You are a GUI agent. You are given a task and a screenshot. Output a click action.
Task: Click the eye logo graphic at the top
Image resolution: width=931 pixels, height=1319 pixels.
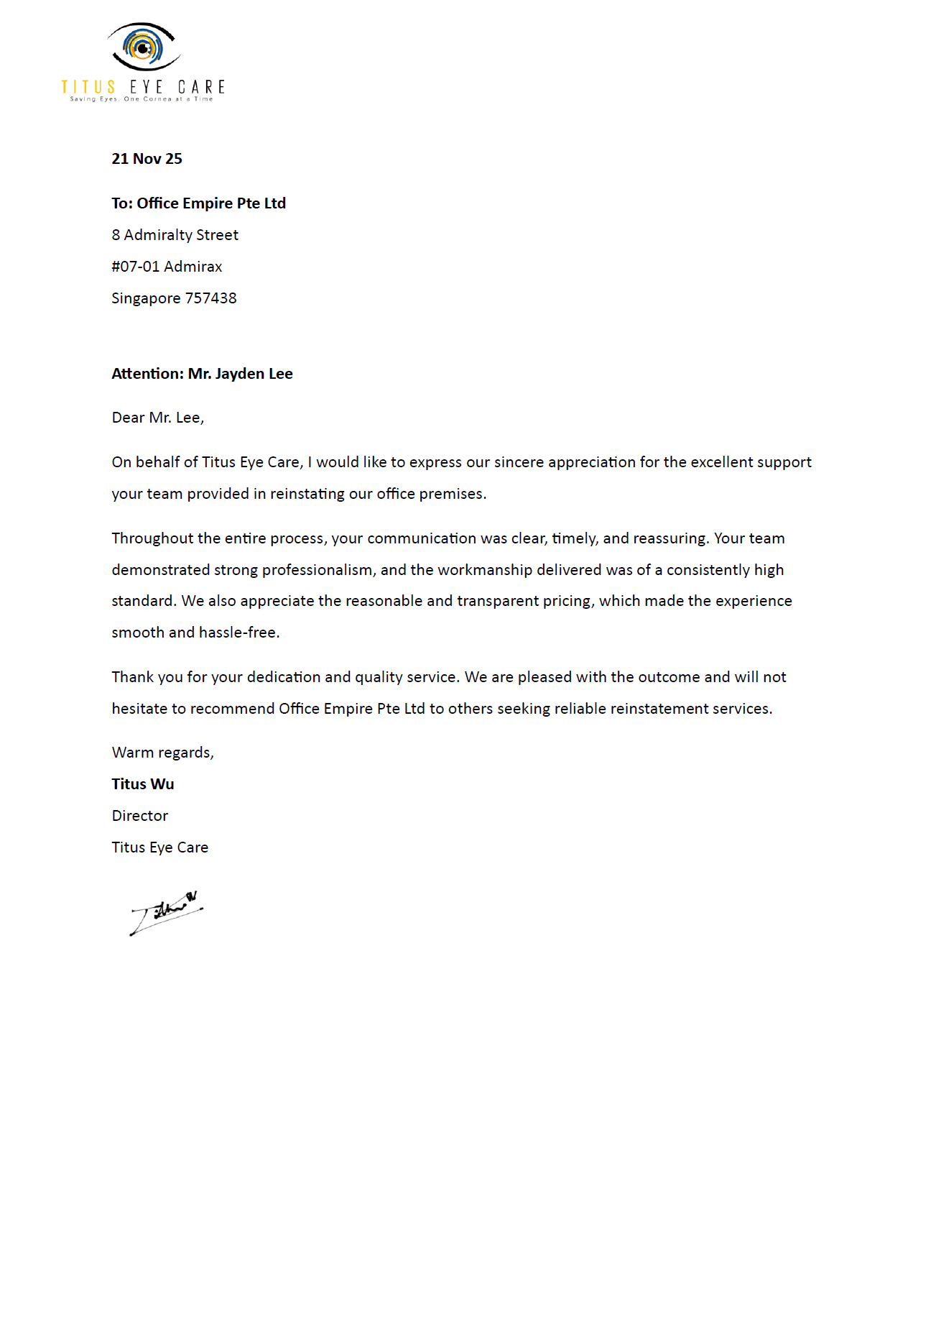pyautogui.click(x=144, y=47)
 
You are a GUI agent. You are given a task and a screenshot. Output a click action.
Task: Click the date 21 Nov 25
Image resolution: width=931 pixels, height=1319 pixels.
pyautogui.click(x=147, y=159)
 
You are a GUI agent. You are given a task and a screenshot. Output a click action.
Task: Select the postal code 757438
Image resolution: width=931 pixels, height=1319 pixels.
pyautogui.click(x=210, y=298)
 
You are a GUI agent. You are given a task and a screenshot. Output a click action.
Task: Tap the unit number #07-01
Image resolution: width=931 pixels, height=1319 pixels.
pyautogui.click(x=135, y=267)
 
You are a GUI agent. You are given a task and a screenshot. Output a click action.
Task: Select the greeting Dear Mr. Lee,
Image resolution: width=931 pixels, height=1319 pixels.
pyautogui.click(x=158, y=418)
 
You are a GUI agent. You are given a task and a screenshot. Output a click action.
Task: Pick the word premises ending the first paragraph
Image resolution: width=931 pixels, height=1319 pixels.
pyautogui.click(x=452, y=494)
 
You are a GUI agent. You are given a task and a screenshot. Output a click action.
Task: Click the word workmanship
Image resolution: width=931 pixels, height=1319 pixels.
pyautogui.click(x=484, y=570)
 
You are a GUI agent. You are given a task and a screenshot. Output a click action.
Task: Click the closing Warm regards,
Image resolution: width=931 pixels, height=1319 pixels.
pyautogui.click(x=162, y=753)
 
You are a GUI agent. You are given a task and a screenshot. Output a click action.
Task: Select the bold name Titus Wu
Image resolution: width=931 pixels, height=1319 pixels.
pyautogui.click(x=143, y=784)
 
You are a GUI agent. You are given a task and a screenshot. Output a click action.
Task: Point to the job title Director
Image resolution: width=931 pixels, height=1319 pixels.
pyautogui.click(x=140, y=816)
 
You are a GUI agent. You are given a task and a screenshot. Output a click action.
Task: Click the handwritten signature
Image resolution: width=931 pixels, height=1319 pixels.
pyautogui.click(x=165, y=913)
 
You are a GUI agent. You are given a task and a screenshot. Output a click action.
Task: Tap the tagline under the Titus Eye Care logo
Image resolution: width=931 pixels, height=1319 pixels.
pyautogui.click(x=142, y=99)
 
